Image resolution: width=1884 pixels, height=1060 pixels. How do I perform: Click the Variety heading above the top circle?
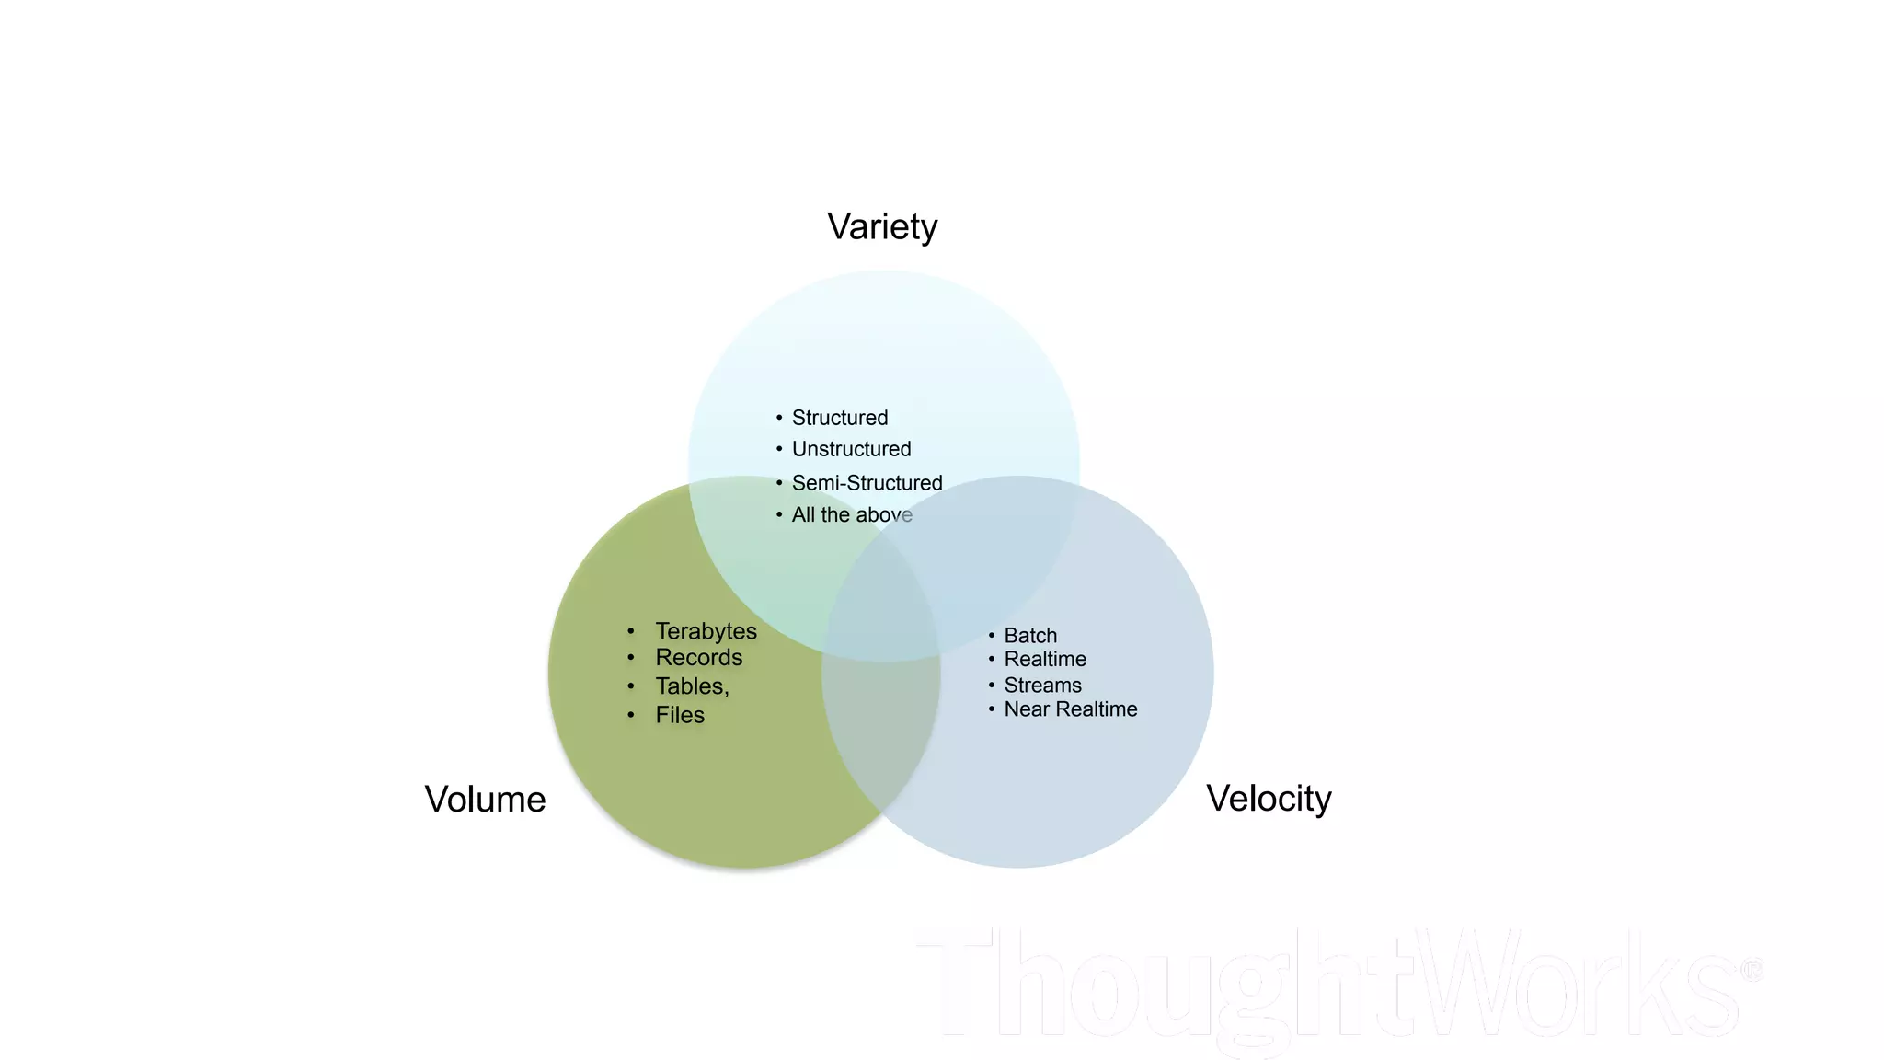tap(882, 227)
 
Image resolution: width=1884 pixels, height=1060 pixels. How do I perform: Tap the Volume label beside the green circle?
tap(485, 800)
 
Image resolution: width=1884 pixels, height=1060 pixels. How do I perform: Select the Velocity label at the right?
tap(1269, 799)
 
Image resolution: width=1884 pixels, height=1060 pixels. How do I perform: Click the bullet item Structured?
tap(840, 418)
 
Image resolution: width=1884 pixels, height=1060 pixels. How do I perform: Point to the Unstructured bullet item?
tap(851, 449)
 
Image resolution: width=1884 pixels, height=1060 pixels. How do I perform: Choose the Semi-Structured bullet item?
tap(867, 483)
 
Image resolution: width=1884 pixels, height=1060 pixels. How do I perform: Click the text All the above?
tap(852, 515)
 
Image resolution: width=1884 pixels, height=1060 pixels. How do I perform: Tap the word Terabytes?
tap(706, 631)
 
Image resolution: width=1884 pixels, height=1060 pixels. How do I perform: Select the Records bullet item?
tap(698, 658)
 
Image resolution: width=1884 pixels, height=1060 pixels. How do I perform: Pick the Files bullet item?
tap(680, 715)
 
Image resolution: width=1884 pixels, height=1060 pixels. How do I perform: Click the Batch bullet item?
tap(1030, 636)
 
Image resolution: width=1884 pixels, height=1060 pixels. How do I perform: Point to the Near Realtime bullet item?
tap(1071, 709)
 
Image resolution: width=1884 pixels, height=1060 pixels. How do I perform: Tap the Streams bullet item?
tap(1042, 686)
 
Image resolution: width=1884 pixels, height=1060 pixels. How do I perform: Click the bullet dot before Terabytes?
tap(631, 631)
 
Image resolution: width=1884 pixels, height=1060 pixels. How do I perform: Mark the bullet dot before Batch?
tap(992, 635)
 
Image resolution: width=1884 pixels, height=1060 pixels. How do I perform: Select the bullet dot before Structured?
tap(779, 418)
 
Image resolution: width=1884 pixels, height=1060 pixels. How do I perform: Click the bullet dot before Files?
tap(631, 715)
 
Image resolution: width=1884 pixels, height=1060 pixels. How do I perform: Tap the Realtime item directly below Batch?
tap(1045, 660)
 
